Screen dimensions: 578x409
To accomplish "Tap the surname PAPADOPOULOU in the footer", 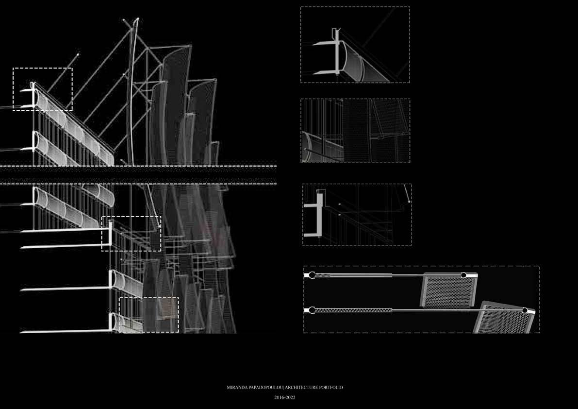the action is pyautogui.click(x=263, y=388).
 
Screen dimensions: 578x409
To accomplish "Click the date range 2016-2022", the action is pyautogui.click(x=285, y=397).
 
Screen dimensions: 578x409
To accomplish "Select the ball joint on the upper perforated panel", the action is pyautogui.click(x=463, y=275).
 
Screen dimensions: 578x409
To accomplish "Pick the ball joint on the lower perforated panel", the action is pyautogui.click(x=525, y=309).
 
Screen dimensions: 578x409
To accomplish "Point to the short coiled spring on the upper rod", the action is pyautogui.click(x=323, y=275).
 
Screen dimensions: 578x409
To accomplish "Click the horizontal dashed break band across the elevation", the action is pyautogui.click(x=138, y=174).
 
